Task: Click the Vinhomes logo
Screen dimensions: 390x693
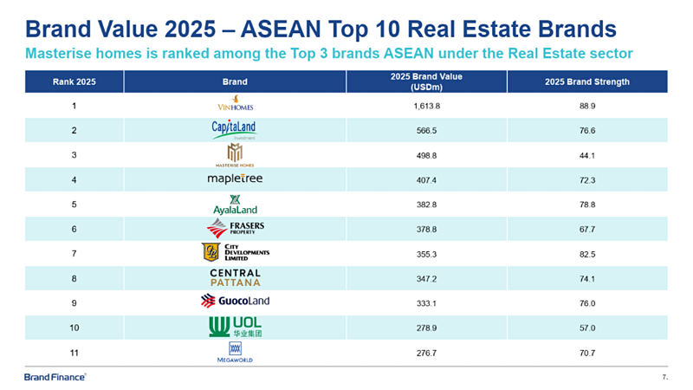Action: [235, 105]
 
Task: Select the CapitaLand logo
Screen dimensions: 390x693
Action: [234, 130]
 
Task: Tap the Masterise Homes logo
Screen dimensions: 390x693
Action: [234, 154]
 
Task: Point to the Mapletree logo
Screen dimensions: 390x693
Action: [235, 179]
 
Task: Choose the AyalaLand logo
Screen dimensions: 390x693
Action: [235, 204]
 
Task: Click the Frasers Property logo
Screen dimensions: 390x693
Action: [236, 228]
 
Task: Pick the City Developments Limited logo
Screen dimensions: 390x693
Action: [235, 252]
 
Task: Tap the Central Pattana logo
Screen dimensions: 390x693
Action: [235, 277]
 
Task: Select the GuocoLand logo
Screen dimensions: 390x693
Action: [235, 301]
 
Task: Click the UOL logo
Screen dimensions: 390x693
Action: [235, 326]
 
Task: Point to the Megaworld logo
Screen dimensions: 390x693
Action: [235, 350]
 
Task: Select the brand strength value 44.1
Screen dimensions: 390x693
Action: [593, 154]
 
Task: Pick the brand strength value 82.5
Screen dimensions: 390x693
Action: [593, 252]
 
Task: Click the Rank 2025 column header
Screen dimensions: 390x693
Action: [74, 82]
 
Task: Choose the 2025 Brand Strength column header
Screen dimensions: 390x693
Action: [593, 82]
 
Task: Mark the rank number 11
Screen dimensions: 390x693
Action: [74, 350]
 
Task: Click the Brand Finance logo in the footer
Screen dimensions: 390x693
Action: [54, 377]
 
